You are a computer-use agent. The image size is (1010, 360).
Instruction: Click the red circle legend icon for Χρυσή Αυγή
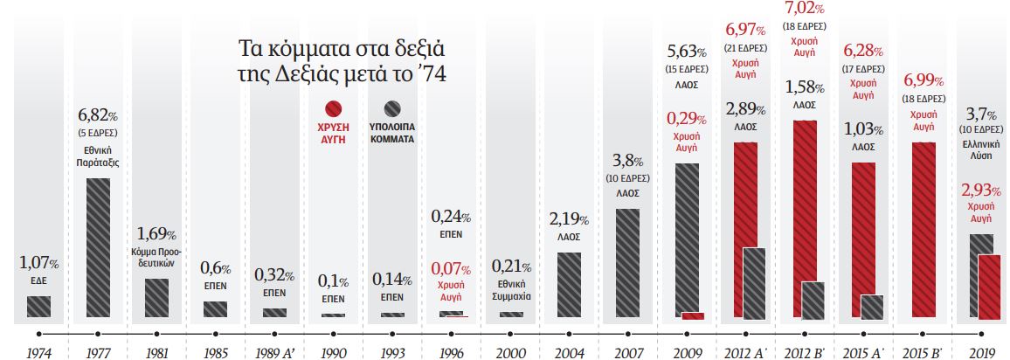pos(332,110)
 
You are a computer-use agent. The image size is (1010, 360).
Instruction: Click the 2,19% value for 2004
pos(568,219)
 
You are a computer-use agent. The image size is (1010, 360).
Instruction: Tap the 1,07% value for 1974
pos(38,262)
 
